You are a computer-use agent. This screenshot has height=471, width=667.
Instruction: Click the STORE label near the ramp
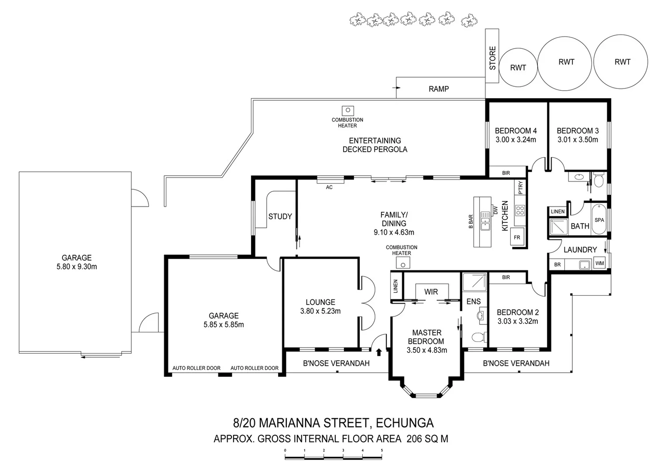492,58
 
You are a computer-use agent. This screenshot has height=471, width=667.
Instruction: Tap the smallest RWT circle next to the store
518,68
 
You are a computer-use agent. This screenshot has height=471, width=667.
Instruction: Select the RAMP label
438,89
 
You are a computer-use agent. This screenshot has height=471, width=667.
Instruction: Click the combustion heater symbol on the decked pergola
347,111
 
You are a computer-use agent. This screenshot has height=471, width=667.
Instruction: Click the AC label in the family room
329,188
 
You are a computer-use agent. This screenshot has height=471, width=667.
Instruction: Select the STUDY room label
280,216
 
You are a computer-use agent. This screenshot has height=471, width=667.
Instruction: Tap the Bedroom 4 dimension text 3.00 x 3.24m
516,140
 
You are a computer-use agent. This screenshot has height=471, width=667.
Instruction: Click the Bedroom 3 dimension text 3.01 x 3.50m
578,140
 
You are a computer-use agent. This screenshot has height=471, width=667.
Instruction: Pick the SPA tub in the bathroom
599,220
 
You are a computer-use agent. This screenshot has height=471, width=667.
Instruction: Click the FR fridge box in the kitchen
517,238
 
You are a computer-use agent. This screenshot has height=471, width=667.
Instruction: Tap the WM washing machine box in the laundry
600,263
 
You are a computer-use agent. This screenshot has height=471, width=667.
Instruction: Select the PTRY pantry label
520,188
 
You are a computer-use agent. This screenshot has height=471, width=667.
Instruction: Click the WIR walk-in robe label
431,292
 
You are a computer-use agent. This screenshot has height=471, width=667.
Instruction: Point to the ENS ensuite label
473,301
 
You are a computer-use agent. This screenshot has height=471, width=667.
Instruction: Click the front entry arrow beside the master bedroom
379,352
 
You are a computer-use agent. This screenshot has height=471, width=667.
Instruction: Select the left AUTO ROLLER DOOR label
196,368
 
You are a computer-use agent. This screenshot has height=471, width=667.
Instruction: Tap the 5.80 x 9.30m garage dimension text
76,267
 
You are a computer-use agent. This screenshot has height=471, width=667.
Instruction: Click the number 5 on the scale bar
382,450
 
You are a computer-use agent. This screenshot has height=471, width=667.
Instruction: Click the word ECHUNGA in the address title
405,423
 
